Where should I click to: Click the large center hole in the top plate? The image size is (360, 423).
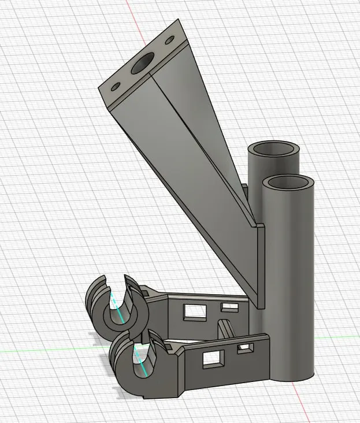click(142, 65)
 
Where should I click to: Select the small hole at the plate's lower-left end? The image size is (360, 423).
click(115, 87)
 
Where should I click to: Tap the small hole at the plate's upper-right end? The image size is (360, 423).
click(169, 41)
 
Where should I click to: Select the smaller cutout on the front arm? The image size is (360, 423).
click(246, 348)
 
